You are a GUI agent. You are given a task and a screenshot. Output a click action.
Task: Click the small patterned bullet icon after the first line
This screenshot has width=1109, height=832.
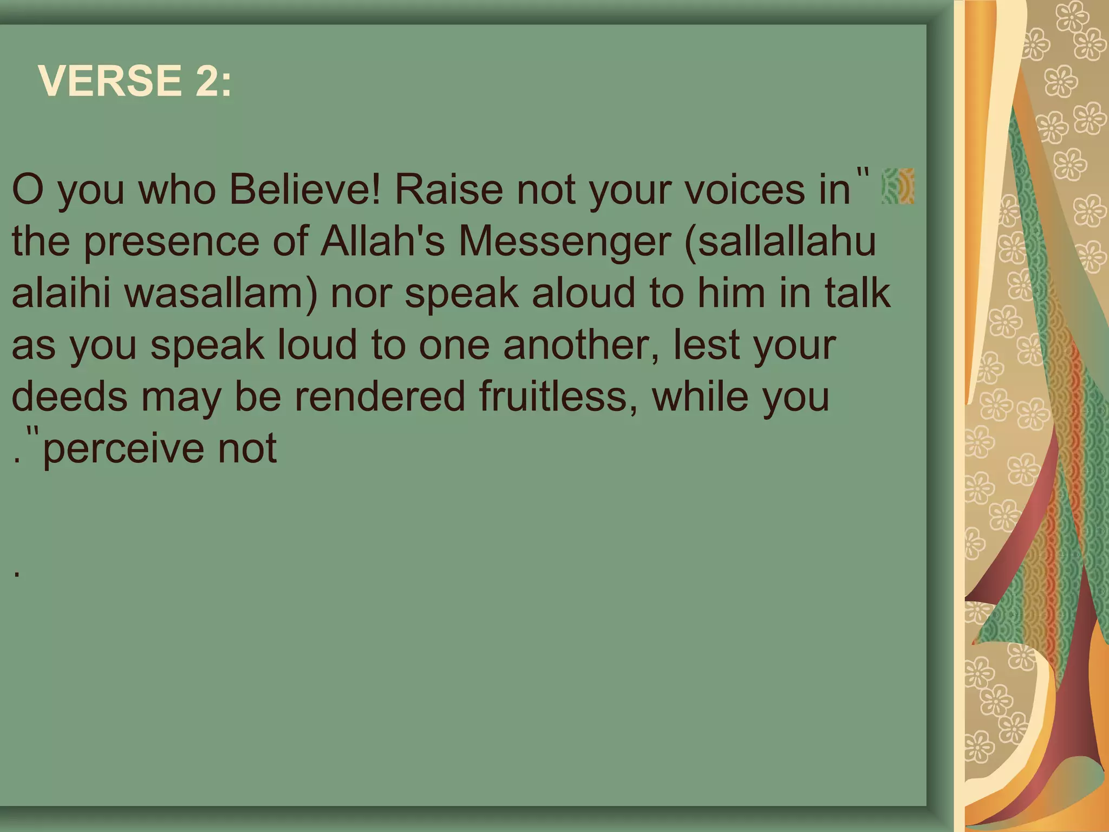click(897, 186)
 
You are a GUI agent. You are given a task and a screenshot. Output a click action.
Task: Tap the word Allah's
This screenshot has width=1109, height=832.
click(382, 242)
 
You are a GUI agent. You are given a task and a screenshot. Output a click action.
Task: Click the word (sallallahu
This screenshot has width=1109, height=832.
click(780, 242)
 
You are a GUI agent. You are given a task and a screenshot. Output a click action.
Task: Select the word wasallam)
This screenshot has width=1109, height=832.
click(220, 294)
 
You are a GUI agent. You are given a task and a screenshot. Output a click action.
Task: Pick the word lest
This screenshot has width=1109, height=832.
click(706, 345)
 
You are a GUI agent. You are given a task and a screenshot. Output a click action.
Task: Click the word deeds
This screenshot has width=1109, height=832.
click(69, 396)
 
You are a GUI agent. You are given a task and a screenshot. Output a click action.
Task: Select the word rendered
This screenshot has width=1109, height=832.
click(380, 396)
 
